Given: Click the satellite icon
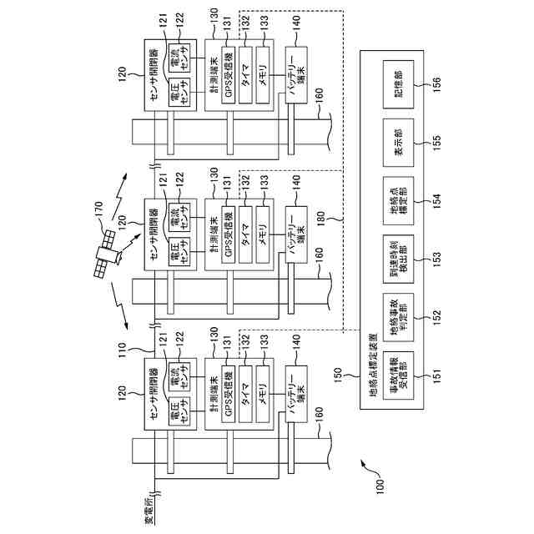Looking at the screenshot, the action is tap(108, 254).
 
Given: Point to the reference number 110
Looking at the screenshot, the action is tap(122, 350).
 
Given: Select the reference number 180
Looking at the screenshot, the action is tap(320, 219).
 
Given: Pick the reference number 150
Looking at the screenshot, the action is tap(337, 375).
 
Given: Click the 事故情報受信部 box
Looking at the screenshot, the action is tap(398, 375).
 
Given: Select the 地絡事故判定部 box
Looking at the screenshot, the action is tap(398, 317).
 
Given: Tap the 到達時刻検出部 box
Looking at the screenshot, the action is tap(398, 259).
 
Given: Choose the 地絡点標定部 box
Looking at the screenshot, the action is tap(398, 201).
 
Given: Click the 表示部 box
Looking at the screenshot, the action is tap(398, 143).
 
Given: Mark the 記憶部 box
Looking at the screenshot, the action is tap(398, 84).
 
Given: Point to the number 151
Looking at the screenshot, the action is tap(436, 375).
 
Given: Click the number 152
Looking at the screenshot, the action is tap(436, 317).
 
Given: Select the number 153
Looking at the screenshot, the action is tap(436, 259).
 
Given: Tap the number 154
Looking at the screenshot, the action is tap(436, 201).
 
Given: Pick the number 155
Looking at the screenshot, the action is tap(436, 143).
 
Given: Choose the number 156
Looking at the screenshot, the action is tap(436, 84).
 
